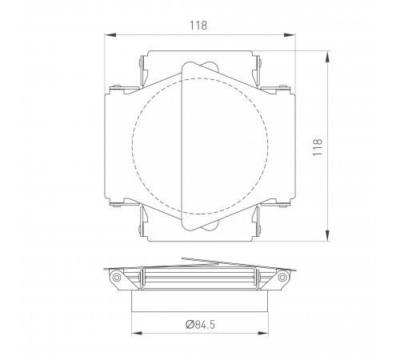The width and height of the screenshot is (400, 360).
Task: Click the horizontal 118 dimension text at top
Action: coord(199,25)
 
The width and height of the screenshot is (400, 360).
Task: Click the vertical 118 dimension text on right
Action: coord(318,146)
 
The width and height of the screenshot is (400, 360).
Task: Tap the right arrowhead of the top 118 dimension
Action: coord(289,34)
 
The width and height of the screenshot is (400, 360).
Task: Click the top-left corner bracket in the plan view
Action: coord(142,69)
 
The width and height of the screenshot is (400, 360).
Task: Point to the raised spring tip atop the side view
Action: coord(186,258)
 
